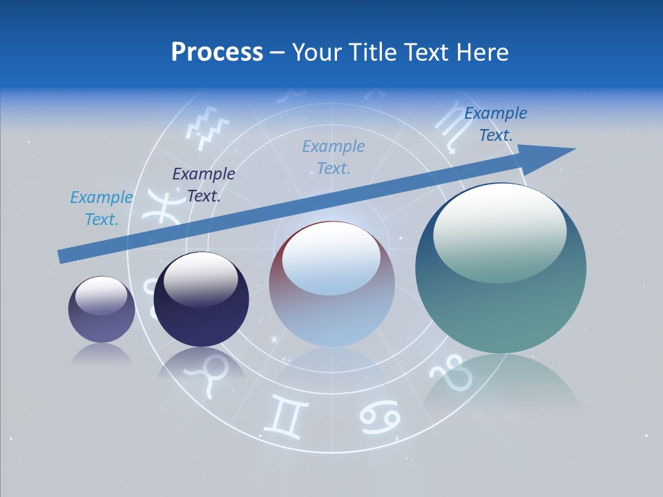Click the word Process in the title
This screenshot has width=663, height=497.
click(x=217, y=52)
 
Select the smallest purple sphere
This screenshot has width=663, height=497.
click(x=102, y=309)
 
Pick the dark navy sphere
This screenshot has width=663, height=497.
click(x=201, y=299)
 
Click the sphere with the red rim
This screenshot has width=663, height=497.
click(x=331, y=284)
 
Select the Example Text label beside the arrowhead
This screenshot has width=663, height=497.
click(x=496, y=124)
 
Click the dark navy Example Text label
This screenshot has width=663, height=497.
click(x=204, y=185)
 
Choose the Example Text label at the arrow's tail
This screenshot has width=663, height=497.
click(x=102, y=208)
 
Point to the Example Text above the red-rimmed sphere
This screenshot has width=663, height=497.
click(x=334, y=157)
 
